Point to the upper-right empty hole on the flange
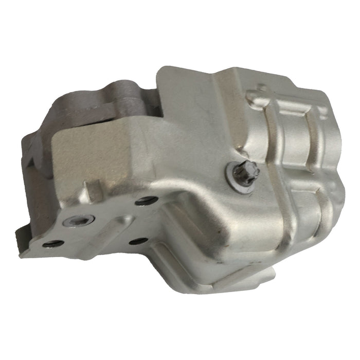tap(146, 201)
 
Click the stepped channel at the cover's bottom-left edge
tap(170, 257)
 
